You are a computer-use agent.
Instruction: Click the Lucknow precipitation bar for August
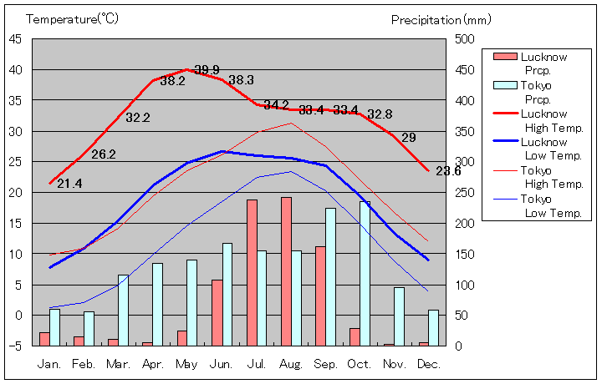pos(286,271)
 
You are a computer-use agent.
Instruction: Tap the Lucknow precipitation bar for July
pos(252,272)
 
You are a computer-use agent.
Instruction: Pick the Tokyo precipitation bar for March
pos(123,310)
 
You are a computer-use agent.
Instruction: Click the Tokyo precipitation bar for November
pos(400,316)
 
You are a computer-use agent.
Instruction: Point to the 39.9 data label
pos(207,69)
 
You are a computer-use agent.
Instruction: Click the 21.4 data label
pos(69,184)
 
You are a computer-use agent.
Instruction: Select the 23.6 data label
pos(448,171)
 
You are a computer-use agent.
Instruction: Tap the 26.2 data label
pos(104,154)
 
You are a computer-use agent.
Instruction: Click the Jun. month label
pos(222,364)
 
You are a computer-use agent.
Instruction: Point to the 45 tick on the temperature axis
pos(16,38)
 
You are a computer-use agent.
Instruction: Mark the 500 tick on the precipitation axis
pos(465,38)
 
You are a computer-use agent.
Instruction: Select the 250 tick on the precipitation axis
pos(465,192)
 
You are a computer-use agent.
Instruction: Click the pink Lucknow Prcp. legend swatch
pos(505,57)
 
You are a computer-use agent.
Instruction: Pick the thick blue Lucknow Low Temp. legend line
pos(505,142)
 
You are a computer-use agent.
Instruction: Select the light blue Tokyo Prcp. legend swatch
pos(505,85)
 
